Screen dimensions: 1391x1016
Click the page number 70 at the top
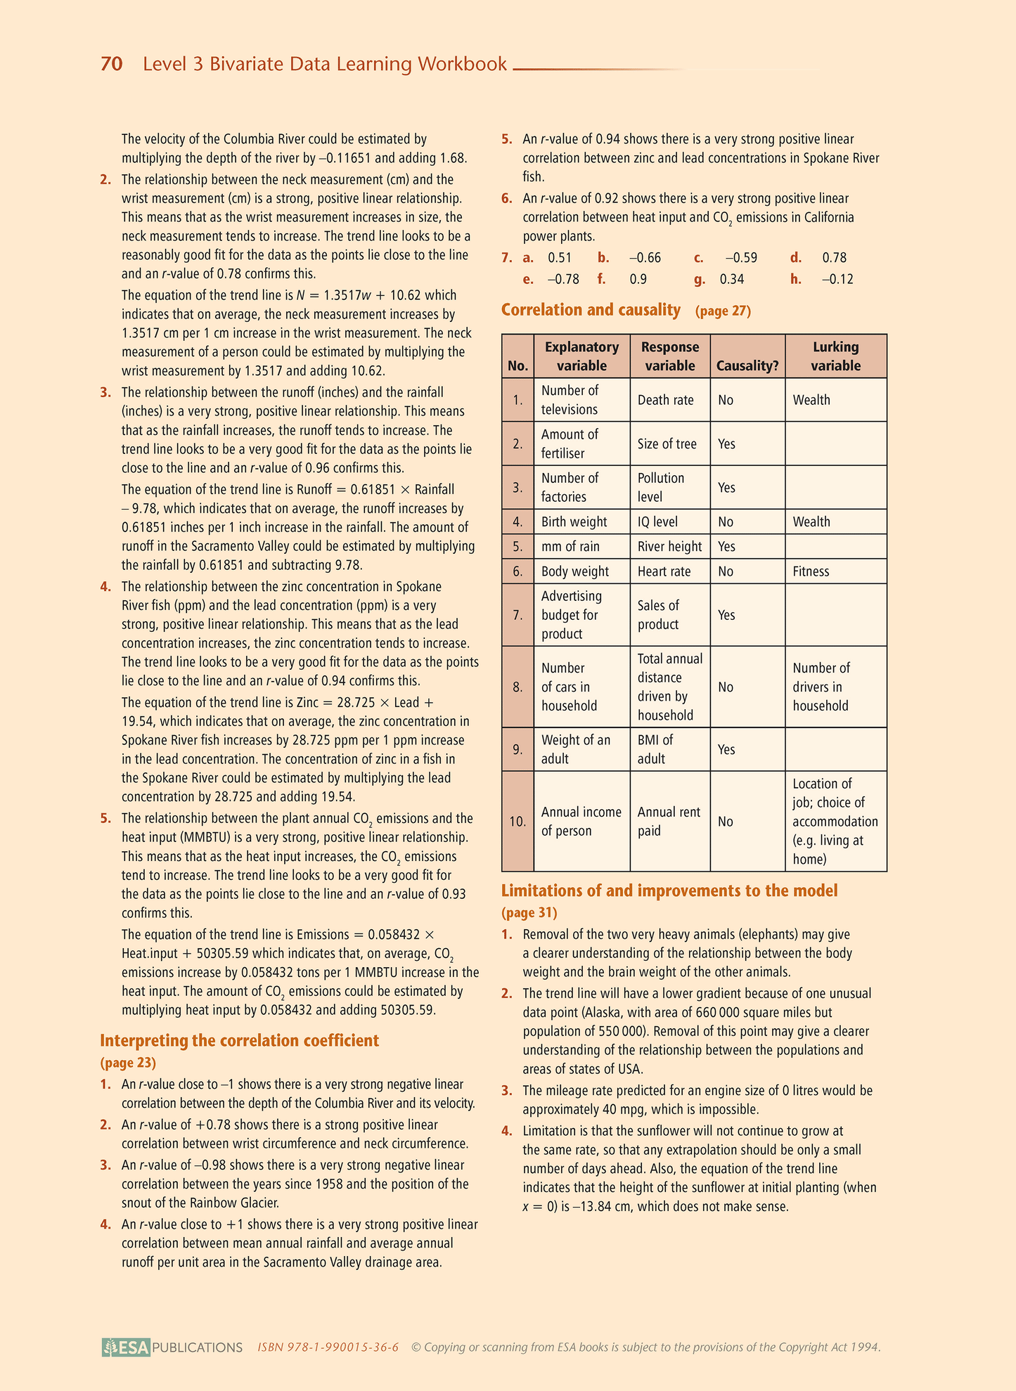click(x=111, y=64)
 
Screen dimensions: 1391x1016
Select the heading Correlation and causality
click(x=591, y=310)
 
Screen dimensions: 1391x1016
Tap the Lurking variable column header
click(x=835, y=356)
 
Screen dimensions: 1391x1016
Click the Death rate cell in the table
click(x=665, y=400)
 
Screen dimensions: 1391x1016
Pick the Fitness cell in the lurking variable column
click(x=811, y=571)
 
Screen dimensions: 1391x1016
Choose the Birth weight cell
click(x=574, y=522)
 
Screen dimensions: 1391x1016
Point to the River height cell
click(x=669, y=546)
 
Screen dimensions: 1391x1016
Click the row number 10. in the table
click(x=517, y=821)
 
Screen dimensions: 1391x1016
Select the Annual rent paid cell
click(x=669, y=821)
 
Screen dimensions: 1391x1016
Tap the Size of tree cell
click(x=667, y=444)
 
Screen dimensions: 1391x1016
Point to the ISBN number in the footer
click(x=328, y=1347)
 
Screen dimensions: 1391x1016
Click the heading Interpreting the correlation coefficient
click(x=239, y=1040)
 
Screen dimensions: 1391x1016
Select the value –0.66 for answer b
click(x=645, y=258)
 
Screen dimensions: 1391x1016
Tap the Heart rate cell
click(x=664, y=571)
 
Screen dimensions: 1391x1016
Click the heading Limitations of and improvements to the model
click(x=669, y=891)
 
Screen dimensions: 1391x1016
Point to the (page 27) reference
click(x=723, y=311)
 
